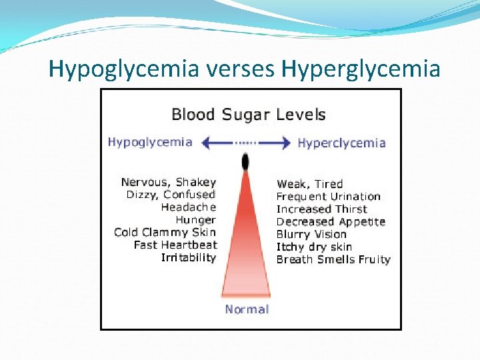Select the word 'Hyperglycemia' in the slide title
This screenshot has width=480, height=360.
click(361, 69)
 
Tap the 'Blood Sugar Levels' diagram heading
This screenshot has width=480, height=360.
click(248, 114)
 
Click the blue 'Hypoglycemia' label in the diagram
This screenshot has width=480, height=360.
click(150, 142)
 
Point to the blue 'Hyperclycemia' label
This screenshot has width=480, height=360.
click(341, 143)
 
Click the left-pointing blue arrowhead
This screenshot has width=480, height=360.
click(207, 142)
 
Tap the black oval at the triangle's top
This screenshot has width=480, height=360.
click(245, 161)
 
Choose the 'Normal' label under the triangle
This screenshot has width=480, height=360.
click(247, 309)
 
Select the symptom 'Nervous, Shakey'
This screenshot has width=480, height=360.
click(169, 182)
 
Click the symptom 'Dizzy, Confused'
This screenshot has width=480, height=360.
click(171, 195)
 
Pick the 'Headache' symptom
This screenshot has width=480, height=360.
click(189, 207)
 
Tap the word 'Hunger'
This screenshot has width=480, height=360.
click(195, 220)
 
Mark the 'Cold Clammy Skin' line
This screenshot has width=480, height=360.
click(165, 233)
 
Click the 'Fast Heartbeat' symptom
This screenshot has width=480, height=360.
click(175, 245)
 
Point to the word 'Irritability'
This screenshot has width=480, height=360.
click(189, 257)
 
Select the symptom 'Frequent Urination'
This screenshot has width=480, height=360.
click(328, 197)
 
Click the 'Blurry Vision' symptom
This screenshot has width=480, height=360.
click(311, 235)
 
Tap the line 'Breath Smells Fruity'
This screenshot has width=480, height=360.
click(333, 259)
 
